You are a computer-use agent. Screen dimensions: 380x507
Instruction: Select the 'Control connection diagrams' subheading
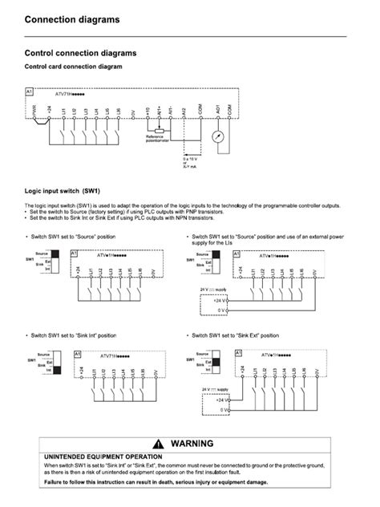(81, 52)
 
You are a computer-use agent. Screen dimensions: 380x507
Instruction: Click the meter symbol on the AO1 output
(216, 136)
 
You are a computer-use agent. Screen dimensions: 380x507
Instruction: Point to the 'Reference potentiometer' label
(155, 138)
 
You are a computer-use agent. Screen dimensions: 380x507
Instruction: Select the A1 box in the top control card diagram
(30, 95)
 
